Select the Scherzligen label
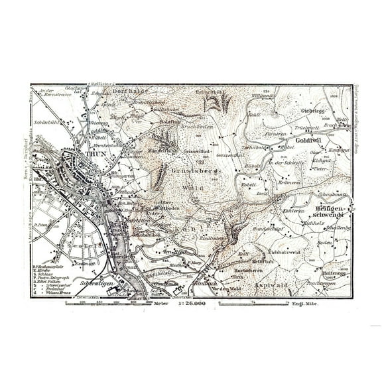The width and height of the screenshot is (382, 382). click(92, 284)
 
